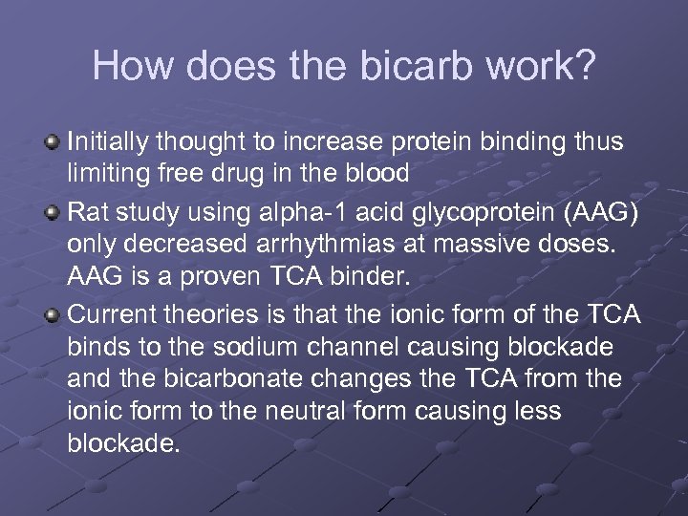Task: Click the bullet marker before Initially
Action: tap(54, 143)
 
